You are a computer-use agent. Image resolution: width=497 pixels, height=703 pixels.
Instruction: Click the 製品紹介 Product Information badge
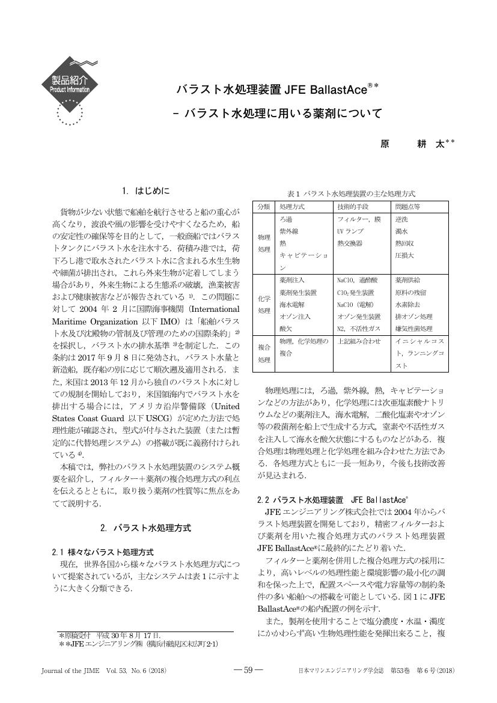coord(70,84)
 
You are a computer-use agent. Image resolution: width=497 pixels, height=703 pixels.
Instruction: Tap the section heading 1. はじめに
coord(145,191)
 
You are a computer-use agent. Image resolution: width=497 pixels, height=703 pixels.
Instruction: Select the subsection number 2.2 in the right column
coord(263,499)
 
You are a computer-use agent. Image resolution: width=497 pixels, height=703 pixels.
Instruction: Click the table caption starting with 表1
coord(352,193)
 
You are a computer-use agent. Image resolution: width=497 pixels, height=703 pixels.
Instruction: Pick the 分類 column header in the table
coord(264,206)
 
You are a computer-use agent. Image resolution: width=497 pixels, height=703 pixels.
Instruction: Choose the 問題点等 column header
coord(407,206)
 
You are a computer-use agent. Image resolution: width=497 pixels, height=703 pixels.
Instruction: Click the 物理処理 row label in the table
coord(264,243)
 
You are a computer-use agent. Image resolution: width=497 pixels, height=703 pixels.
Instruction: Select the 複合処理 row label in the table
coord(264,353)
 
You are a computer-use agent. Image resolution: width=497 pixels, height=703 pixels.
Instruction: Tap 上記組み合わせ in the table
coord(359,341)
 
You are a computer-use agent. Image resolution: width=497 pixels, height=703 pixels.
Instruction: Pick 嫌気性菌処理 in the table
coord(413,329)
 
